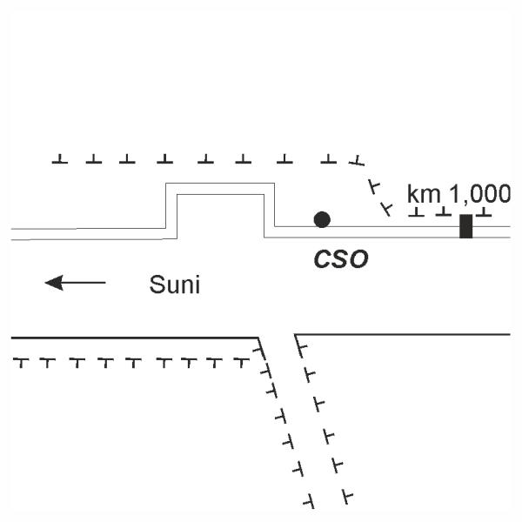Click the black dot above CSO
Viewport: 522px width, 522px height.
point(322,219)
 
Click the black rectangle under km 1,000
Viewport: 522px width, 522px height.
point(465,225)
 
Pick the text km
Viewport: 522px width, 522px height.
point(424,193)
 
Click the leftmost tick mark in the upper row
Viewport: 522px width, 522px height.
point(59,159)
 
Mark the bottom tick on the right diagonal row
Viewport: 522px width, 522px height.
point(347,498)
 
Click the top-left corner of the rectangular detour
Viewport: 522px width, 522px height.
point(167,184)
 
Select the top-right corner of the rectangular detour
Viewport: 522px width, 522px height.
point(274,184)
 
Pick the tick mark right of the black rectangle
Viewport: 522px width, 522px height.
point(484,211)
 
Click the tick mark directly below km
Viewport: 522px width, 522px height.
point(418,211)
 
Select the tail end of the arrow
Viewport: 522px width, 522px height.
point(104,282)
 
